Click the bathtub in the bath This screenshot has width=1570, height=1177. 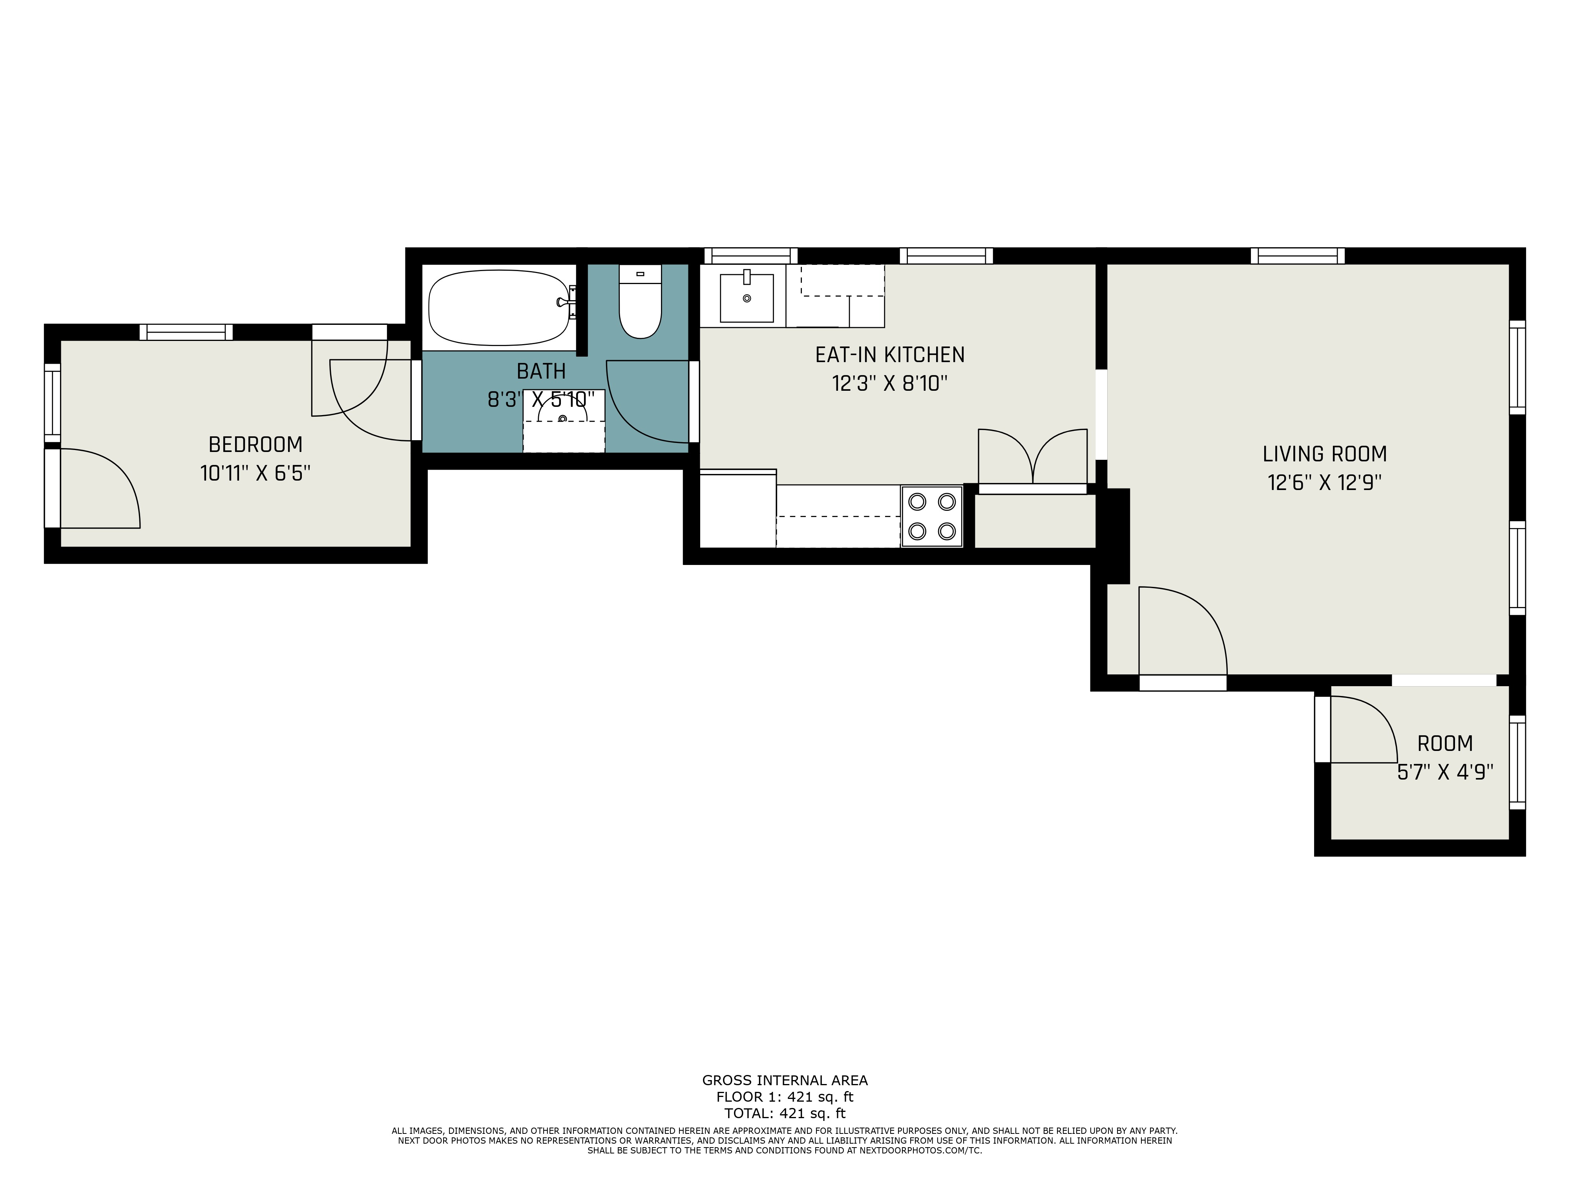(500, 307)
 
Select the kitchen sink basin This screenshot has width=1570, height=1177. (747, 298)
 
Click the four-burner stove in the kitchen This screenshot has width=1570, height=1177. (932, 516)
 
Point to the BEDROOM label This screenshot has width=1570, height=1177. (256, 445)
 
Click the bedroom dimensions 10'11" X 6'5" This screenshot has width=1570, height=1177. (256, 473)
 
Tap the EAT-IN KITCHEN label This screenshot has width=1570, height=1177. (890, 355)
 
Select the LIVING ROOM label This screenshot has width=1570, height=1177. (1324, 454)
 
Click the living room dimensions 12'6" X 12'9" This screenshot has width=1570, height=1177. (1324, 483)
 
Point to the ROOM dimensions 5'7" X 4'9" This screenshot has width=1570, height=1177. (1445, 772)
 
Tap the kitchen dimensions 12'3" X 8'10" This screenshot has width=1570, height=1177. (890, 383)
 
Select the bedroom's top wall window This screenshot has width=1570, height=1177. (186, 332)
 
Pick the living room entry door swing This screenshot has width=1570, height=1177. (1183, 631)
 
